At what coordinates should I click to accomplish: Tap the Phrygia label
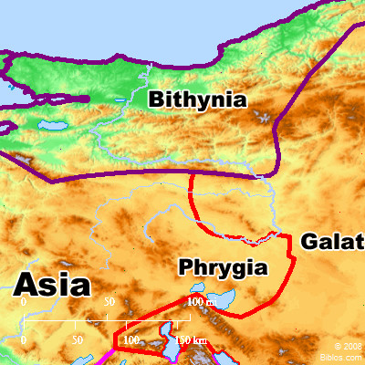coord(223,268)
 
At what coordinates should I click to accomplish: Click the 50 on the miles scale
coord(109,301)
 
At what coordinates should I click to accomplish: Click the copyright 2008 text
coord(347,347)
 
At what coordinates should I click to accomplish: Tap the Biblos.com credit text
coord(347,357)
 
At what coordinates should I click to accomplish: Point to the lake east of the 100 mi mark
coord(224,298)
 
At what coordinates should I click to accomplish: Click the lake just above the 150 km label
coord(169,329)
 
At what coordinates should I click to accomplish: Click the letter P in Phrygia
coord(185,268)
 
